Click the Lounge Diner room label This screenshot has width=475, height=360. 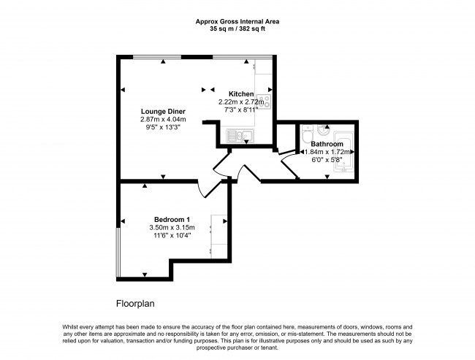tap(163, 112)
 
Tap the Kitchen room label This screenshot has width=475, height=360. tap(241, 94)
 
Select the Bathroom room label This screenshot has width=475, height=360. tap(327, 144)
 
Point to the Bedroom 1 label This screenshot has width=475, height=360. tap(172, 220)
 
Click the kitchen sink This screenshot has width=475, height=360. tap(240, 136)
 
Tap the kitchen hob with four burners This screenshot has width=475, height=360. tap(263, 102)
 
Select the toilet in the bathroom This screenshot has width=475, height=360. tap(307, 134)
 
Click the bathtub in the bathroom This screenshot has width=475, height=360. tap(343, 152)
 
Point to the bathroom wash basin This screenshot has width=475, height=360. tap(324, 130)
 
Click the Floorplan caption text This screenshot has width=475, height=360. tap(135, 304)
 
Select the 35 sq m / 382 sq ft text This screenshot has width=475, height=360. tap(237, 29)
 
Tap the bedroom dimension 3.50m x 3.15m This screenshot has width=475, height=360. tap(172, 227)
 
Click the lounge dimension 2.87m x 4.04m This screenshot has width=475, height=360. tap(163, 119)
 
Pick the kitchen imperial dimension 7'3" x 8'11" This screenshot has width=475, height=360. tap(241, 110)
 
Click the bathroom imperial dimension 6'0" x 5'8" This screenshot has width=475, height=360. tap(327, 160)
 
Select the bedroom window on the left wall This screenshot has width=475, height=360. tap(118, 252)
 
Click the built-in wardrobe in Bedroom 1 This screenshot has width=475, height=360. tap(219, 237)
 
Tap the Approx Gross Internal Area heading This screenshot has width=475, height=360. tap(237, 22)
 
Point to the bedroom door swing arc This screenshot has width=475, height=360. tap(200, 190)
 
